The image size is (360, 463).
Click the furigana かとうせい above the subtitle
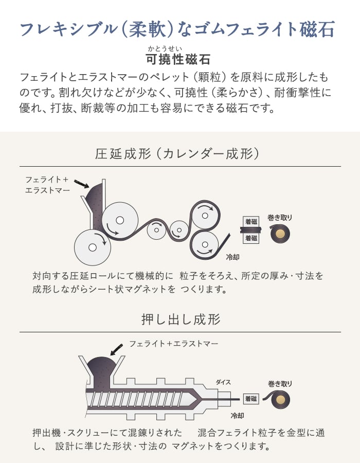[x=165, y=49]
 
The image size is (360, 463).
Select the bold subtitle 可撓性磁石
[x=178, y=59]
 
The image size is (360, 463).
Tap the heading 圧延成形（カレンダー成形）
[x=177, y=153]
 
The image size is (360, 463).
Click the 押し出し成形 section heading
[x=181, y=319]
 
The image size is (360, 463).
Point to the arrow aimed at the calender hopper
[x=81, y=184]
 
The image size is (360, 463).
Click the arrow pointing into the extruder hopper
[x=116, y=350]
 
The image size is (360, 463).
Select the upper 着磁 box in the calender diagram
[x=251, y=221]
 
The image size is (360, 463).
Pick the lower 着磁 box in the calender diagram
[x=251, y=238]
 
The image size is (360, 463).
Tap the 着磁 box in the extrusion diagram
[x=251, y=399]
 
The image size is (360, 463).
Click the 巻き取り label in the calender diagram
[x=280, y=217]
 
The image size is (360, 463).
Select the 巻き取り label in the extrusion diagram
[x=280, y=384]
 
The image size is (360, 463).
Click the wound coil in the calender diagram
[x=280, y=234]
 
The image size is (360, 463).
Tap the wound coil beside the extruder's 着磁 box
[x=277, y=400]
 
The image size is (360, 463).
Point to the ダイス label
[x=223, y=382]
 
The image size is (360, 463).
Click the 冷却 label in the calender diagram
[x=232, y=257]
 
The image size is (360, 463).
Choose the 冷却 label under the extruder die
[x=237, y=416]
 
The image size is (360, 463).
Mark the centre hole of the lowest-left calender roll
[x=93, y=247]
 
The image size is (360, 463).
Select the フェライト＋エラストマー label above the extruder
[x=173, y=344]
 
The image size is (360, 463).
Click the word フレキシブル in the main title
[x=68, y=29]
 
